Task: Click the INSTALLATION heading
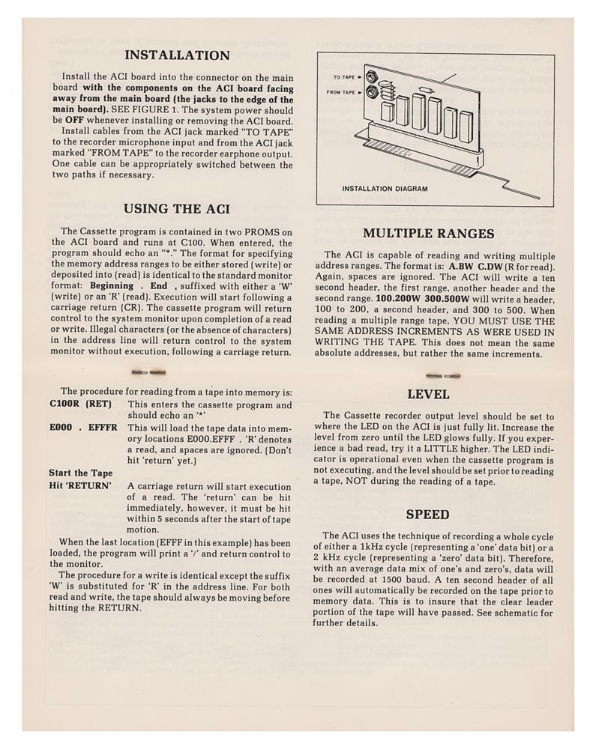177,55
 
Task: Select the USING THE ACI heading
176,209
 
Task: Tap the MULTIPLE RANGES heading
428,234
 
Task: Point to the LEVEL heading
428,395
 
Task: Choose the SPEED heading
428,515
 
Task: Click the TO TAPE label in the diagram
343,77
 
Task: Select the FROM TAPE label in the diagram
340,93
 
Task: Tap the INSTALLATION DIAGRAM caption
385,189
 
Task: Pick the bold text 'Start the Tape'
81,473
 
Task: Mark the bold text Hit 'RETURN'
80,486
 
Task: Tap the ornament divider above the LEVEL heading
443,375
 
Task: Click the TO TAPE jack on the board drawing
370,76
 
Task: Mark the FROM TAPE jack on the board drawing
370,92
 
